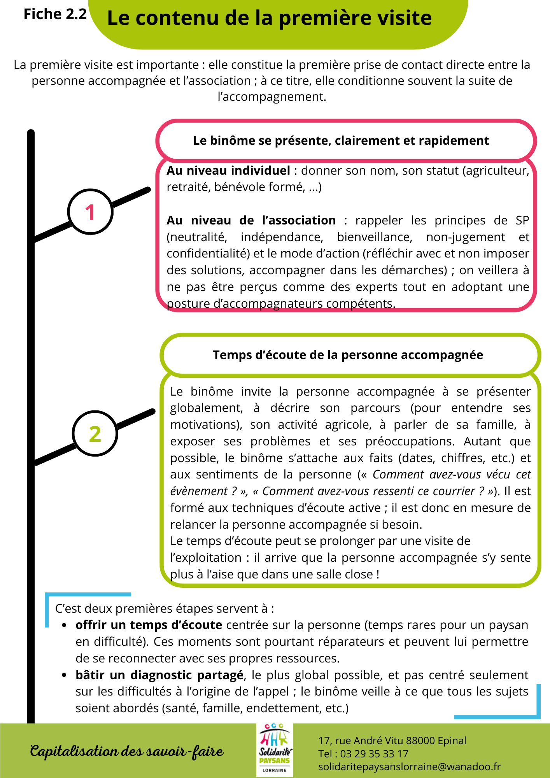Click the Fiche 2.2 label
[x=55, y=14]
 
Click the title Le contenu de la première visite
[x=269, y=18]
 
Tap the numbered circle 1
[x=90, y=212]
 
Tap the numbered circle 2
[x=95, y=433]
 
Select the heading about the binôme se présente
[x=341, y=140]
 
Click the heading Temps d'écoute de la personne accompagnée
[x=348, y=355]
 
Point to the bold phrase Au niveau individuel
[x=228, y=171]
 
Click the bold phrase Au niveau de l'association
[x=251, y=221]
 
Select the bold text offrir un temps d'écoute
[x=149, y=625]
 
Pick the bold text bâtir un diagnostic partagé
[x=159, y=675]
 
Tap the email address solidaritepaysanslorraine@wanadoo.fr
[x=409, y=767]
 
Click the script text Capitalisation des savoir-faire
[x=127, y=751]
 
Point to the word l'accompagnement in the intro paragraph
[x=271, y=96]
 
